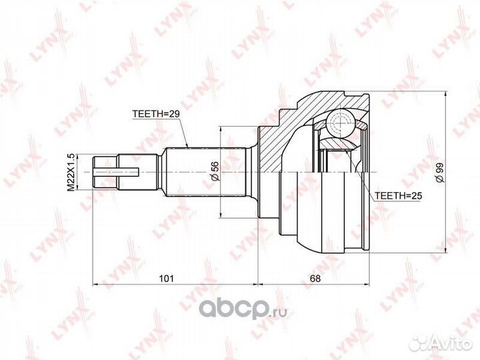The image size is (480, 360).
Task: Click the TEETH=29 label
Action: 156,113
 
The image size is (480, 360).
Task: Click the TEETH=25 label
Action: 398,196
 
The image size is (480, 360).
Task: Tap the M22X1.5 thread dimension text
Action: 71,173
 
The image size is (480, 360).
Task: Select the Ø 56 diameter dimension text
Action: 215,171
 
